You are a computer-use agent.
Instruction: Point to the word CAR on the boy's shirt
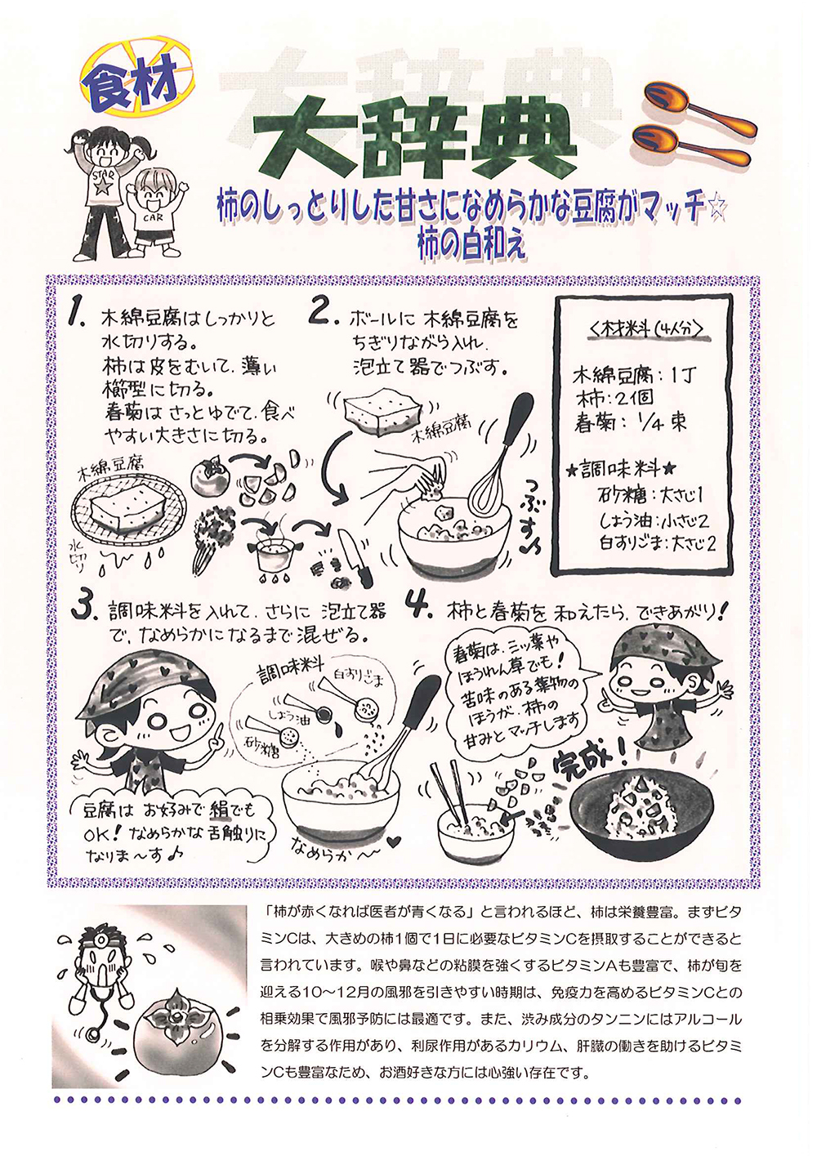[x=154, y=217]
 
